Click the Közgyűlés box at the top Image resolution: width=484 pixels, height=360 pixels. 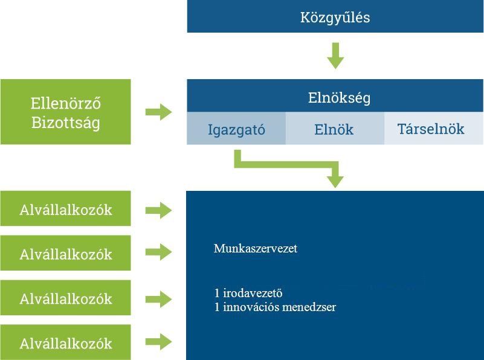tap(335, 16)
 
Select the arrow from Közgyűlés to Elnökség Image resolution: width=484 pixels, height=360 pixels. tap(335, 56)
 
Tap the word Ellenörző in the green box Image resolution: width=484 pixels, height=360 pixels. tap(66, 103)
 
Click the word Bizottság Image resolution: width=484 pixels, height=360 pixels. tap(66, 123)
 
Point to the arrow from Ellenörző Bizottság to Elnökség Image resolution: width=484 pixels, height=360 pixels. tap(159, 112)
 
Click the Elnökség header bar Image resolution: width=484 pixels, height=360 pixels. tap(335, 95)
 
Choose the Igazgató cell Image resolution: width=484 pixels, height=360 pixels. tap(236, 128)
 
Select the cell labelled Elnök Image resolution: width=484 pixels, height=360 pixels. tap(335, 128)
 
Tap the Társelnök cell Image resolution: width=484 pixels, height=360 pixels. tap(434, 128)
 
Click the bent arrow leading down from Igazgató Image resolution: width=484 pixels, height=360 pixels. tap(287, 164)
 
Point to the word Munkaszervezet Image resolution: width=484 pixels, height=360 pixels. tap(255, 248)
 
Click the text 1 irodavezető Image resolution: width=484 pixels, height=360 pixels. tap(248, 293)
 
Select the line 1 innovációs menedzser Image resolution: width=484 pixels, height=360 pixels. tap(275, 307)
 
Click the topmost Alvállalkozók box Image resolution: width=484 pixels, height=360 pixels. tap(65, 208)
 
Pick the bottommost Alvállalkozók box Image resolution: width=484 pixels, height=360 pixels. tap(65, 342)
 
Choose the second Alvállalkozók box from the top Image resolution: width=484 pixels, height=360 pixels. tap(65, 253)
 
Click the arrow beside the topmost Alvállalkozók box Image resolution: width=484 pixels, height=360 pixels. tap(159, 210)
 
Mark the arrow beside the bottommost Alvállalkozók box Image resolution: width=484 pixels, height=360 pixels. tap(159, 342)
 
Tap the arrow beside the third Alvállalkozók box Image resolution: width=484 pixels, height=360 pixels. tap(159, 299)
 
